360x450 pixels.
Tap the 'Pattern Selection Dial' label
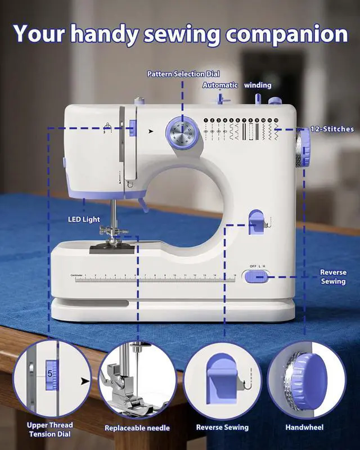183,74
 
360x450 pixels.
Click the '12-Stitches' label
332,129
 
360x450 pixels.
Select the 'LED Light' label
83,219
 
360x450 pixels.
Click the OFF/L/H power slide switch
256,276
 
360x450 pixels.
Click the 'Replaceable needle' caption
137,427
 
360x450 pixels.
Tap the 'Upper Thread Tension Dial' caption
49,429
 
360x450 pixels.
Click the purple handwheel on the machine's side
304,148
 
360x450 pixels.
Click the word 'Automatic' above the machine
220,85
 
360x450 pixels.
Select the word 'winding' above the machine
258,85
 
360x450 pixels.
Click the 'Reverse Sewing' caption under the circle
222,427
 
